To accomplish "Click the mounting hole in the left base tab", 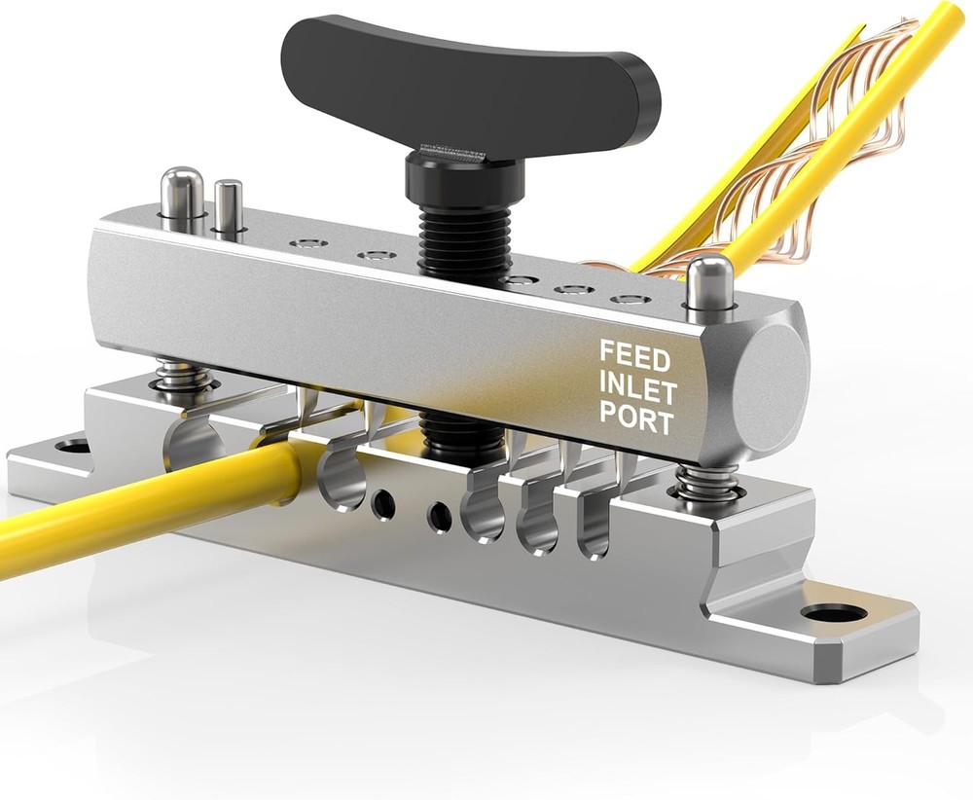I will coord(73,447).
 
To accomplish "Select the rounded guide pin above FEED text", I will coord(710,282).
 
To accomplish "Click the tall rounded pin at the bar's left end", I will coord(181,195).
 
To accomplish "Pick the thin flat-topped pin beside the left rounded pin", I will coord(229,206).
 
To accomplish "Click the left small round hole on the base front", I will coord(383,503).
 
